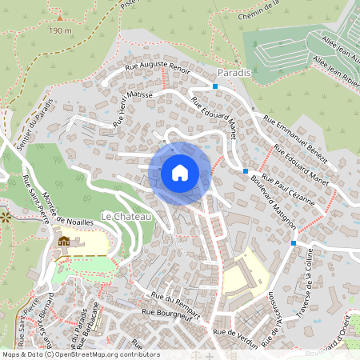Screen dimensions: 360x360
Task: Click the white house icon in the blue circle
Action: [179, 173]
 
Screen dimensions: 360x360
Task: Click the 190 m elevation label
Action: [60, 30]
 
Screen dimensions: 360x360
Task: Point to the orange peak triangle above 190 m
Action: [59, 16]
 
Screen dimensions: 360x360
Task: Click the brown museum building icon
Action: [64, 242]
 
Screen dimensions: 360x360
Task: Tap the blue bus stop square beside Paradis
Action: [215, 86]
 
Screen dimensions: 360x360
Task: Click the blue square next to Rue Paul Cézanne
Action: [245, 170]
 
